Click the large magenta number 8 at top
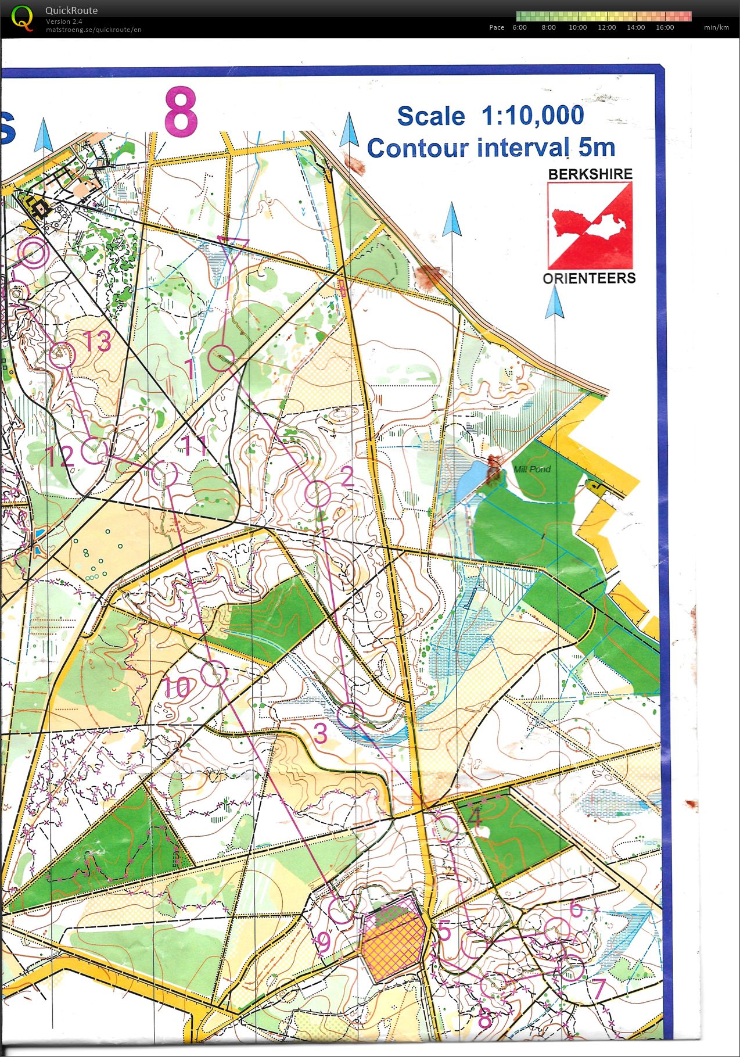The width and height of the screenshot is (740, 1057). click(x=181, y=112)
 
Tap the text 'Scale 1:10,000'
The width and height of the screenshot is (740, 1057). click(x=490, y=116)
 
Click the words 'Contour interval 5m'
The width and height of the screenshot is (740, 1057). click(x=491, y=148)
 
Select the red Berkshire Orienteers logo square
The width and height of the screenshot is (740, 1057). click(x=590, y=225)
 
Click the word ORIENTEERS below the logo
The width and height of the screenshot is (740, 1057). click(x=589, y=278)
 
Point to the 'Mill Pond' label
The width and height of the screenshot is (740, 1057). click(x=531, y=469)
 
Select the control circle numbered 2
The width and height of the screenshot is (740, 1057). click(x=317, y=494)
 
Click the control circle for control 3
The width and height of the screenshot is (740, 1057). click(x=350, y=715)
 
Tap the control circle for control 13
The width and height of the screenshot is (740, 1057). click(x=62, y=354)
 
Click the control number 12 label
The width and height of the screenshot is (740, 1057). click(x=60, y=457)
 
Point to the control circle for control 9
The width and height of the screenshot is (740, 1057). click(x=341, y=910)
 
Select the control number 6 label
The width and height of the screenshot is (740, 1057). click(x=576, y=908)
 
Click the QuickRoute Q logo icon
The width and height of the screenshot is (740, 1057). click(x=22, y=17)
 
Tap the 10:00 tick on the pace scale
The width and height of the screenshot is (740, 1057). click(x=577, y=27)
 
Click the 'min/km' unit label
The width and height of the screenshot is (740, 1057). click(x=716, y=27)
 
